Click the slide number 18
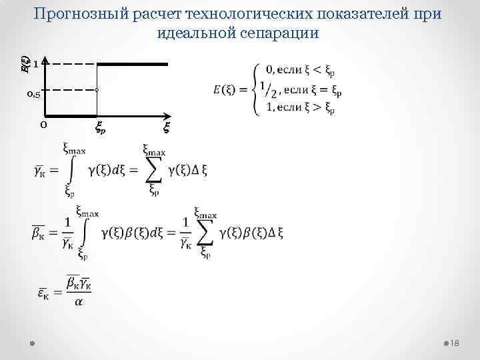(456, 343)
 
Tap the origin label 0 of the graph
(43, 124)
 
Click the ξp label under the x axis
(101, 127)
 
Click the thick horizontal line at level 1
(133, 64)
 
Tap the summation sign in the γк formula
(153, 171)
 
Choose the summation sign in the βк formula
(204, 231)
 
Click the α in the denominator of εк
(79, 304)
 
